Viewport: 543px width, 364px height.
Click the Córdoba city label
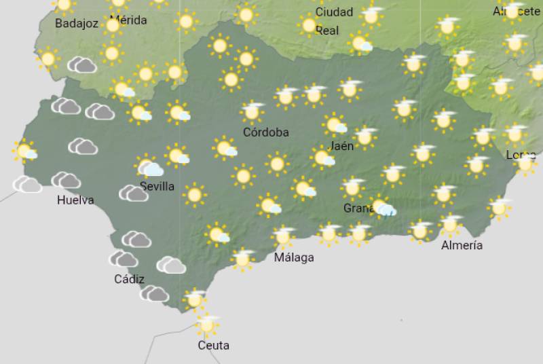266,132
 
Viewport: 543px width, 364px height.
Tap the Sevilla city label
157,186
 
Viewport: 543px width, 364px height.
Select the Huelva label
75,200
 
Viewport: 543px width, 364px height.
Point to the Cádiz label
129,279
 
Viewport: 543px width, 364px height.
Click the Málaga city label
294,258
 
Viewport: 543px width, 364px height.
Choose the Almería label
462,245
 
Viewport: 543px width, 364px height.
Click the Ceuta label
213,345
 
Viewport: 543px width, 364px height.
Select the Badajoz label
77,24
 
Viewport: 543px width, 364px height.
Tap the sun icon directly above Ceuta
207,324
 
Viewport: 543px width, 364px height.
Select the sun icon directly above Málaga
283,236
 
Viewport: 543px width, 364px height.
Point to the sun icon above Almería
450,223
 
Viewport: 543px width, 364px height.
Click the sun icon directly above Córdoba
252,111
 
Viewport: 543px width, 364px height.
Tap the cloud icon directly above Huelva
66,180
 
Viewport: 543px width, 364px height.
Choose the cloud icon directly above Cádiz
124,259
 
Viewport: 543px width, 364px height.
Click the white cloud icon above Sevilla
150,168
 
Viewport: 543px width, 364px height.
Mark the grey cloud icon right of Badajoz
82,65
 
